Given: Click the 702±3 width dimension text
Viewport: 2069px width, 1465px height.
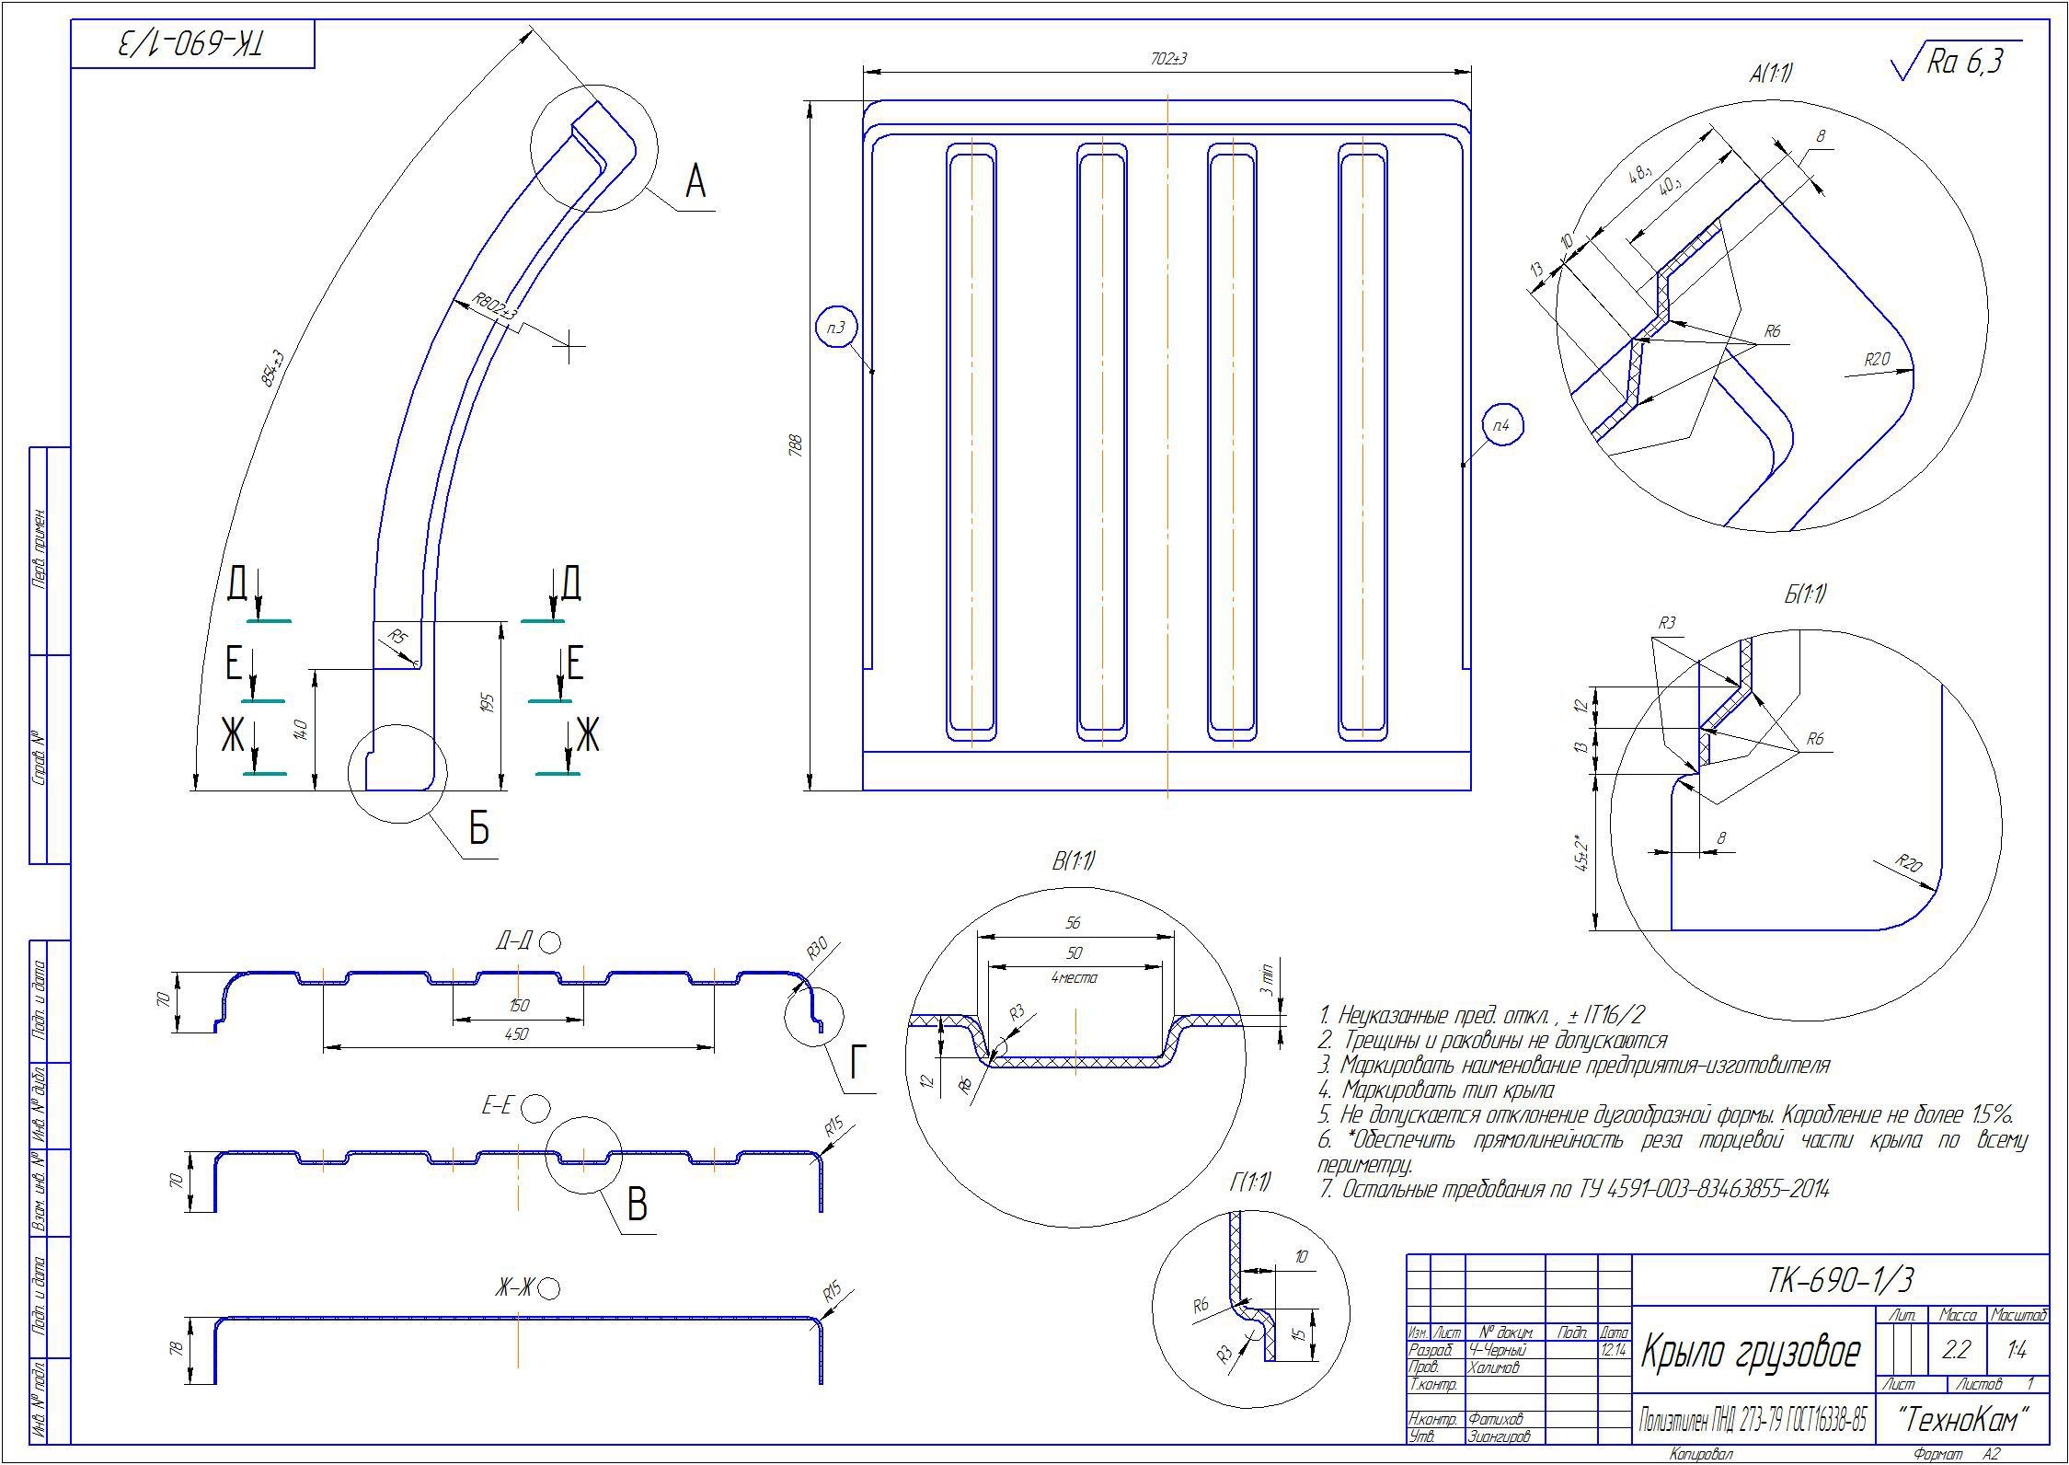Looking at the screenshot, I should [x=1168, y=59].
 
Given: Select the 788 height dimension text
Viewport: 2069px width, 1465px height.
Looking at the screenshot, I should [x=797, y=445].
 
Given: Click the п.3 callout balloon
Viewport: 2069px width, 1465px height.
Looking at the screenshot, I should [x=835, y=327].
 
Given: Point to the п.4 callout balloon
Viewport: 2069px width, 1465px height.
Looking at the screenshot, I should [x=1502, y=425].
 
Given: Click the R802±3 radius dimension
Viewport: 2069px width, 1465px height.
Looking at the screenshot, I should [x=495, y=306].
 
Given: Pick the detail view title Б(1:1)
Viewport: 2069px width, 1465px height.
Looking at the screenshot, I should [x=1805, y=594].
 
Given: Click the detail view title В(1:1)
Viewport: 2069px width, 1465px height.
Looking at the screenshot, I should [x=1074, y=861].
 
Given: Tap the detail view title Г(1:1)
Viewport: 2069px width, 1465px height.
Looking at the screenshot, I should [x=1250, y=1182].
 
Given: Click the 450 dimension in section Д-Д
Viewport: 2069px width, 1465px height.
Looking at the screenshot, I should [x=517, y=1034].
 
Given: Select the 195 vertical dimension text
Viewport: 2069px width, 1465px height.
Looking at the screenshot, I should [x=489, y=704].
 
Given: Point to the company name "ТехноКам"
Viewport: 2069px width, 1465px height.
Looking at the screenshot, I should [x=1962, y=1420].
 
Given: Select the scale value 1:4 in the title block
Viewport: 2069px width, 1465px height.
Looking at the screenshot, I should [x=2017, y=1350].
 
